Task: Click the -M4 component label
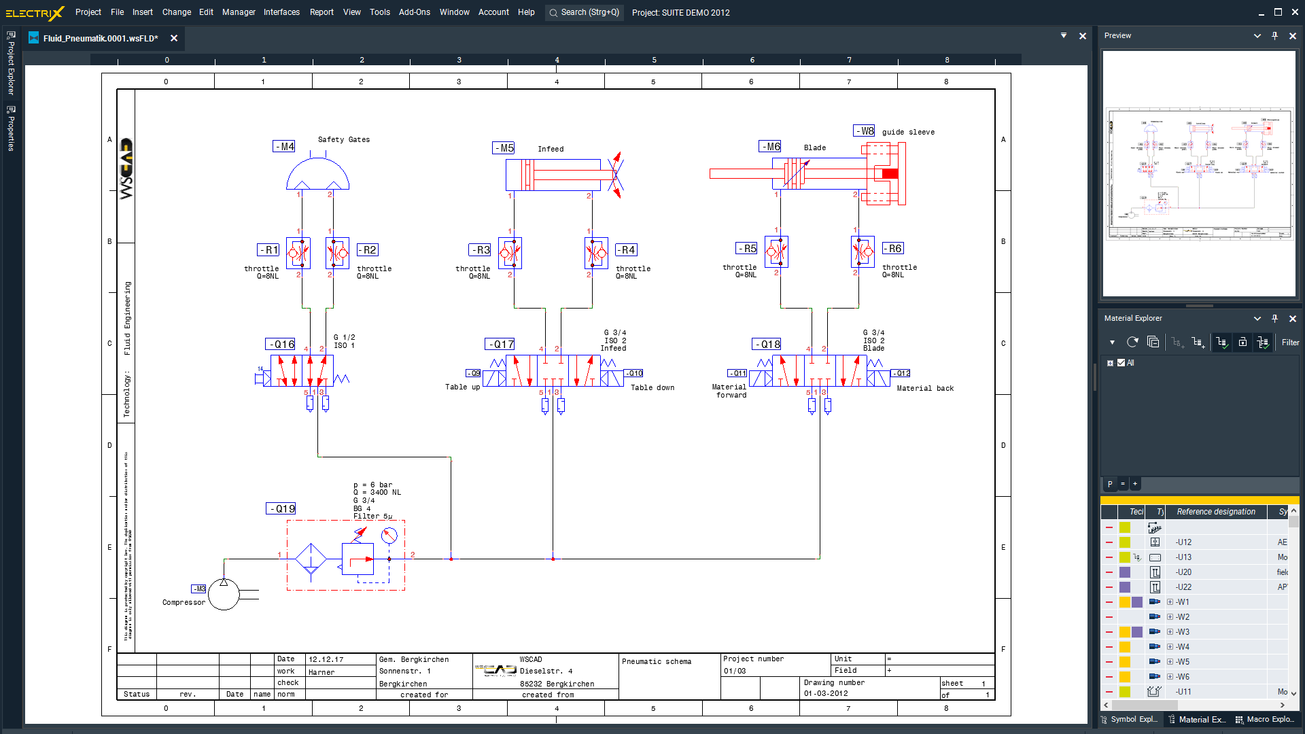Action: (284, 146)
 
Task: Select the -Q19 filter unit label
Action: (281, 508)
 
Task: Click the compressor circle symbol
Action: (224, 595)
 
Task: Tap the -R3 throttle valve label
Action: (480, 250)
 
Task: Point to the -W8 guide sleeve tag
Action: (865, 130)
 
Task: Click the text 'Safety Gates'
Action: (344, 139)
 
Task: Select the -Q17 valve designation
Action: (500, 345)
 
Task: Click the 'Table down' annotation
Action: (652, 387)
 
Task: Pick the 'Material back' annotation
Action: (925, 388)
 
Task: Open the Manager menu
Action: (239, 12)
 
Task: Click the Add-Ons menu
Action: (415, 12)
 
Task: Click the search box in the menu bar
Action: (585, 12)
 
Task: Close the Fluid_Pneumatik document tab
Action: (174, 38)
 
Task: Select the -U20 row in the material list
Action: (1184, 572)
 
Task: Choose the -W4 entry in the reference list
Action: (1183, 647)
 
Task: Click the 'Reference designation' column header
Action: (1216, 512)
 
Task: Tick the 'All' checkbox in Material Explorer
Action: (1121, 363)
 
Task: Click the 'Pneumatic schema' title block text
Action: (657, 661)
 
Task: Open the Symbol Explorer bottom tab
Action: (1129, 719)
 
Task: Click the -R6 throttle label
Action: (893, 249)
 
